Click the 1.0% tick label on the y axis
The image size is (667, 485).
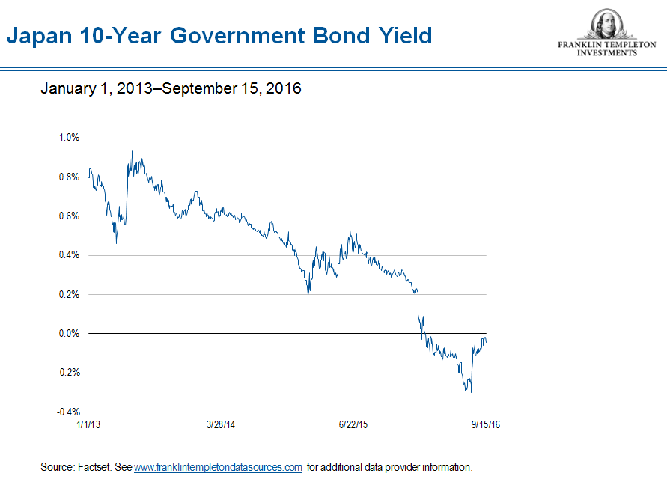point(69,138)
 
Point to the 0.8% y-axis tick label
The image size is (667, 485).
point(69,177)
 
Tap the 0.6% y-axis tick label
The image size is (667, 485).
point(69,216)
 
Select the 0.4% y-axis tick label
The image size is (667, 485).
point(69,255)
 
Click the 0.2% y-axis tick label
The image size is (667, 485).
point(69,294)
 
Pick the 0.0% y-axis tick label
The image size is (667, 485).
point(69,333)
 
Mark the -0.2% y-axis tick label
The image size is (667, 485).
point(67,373)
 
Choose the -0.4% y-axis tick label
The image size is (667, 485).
point(67,412)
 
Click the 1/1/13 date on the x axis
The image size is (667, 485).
point(88,424)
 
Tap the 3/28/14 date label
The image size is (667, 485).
point(221,424)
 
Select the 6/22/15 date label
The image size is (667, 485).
point(353,424)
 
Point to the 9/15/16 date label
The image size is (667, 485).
point(486,424)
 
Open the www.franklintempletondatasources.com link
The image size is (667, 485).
point(218,467)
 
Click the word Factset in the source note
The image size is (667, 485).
point(94,467)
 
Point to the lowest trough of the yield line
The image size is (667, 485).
point(471,392)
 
